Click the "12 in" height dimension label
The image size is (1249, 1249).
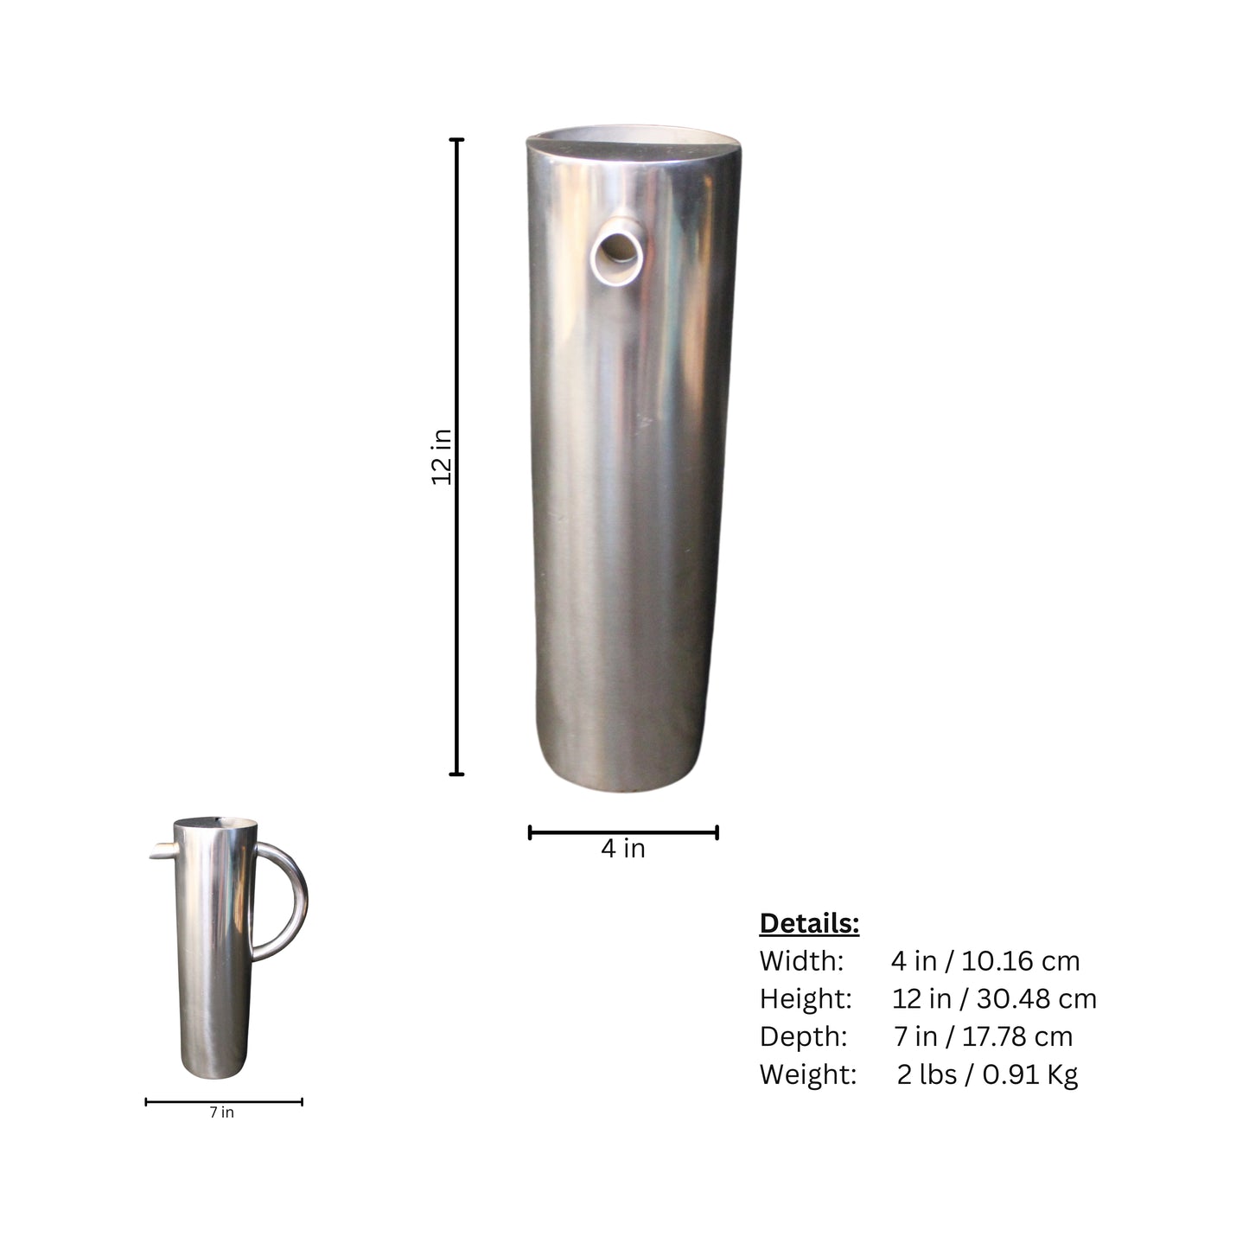pos(442,456)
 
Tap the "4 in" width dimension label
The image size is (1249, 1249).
pos(623,849)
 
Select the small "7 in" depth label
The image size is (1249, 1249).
pos(221,1112)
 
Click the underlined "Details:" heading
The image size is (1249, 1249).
pos(809,923)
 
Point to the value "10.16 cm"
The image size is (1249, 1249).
pos(1021,961)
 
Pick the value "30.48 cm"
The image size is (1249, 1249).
pos(1036,999)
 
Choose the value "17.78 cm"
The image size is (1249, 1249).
pos(1016,1036)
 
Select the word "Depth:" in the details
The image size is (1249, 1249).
pos(803,1036)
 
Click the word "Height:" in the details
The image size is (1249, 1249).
pos(806,999)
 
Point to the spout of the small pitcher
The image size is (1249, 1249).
pos(161,852)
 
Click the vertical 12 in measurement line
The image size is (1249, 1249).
pos(457,605)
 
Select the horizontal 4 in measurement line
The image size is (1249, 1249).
pos(623,832)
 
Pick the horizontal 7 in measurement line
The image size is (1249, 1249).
pos(224,1102)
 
